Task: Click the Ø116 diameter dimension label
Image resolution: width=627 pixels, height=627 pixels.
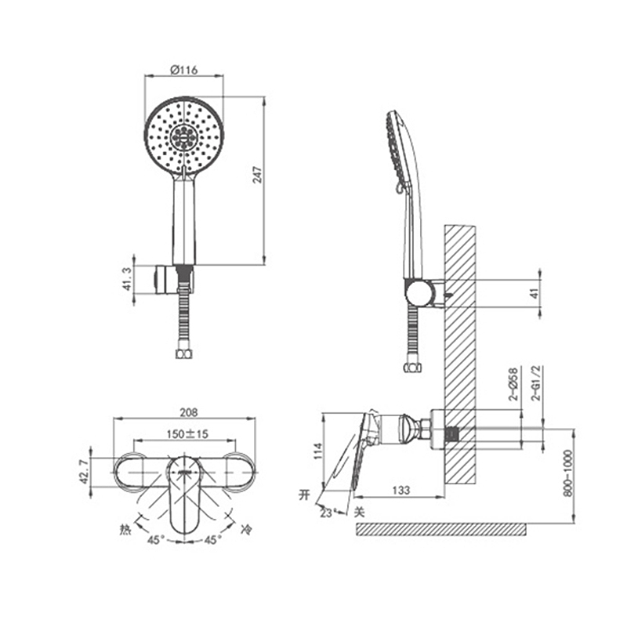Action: tap(183, 70)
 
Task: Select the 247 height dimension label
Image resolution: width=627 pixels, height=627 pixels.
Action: tap(258, 175)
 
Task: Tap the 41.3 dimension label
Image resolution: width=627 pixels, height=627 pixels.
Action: tap(127, 279)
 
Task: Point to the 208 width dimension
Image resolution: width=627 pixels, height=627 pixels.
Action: tap(188, 412)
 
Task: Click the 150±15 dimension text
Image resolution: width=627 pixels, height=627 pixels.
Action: tap(187, 434)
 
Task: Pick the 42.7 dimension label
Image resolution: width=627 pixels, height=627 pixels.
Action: tap(84, 472)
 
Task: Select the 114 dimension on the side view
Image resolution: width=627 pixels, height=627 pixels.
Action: tap(318, 451)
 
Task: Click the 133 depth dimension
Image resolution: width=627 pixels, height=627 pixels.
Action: tap(400, 490)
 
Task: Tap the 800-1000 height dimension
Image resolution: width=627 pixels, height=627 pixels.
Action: tap(567, 473)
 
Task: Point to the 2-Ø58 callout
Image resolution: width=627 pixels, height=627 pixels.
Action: tap(513, 384)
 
